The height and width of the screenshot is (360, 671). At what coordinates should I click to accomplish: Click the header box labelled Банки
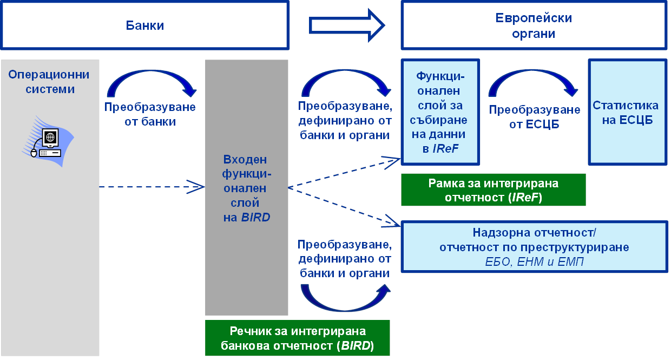(144, 25)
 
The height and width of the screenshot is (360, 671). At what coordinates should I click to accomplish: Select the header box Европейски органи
(534, 25)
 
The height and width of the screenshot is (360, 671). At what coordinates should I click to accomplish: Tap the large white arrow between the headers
(346, 25)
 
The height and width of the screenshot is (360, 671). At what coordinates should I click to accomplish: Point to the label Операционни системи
(49, 81)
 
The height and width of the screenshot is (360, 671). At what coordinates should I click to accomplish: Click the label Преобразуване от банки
(150, 114)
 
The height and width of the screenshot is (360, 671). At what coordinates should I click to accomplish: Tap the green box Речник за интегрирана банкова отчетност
(298, 338)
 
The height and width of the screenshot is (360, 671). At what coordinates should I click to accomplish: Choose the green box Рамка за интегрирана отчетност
(493, 190)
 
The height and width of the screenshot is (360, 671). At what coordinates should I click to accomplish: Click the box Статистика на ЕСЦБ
(627, 112)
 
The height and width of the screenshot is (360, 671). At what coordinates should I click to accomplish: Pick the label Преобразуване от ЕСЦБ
(535, 117)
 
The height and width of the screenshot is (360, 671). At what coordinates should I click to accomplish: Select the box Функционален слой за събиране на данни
(440, 112)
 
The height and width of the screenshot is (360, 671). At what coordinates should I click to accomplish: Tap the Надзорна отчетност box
(534, 247)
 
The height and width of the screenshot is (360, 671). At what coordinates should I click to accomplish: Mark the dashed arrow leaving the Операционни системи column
(152, 187)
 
